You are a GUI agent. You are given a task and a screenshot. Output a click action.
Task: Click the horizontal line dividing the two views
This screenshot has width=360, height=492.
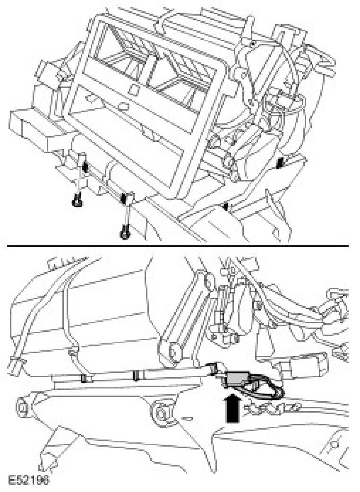[x=175, y=246]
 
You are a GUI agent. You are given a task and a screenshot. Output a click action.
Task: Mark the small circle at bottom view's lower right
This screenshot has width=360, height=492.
[x=333, y=445]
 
